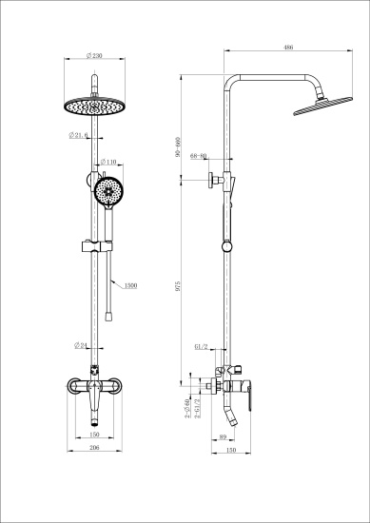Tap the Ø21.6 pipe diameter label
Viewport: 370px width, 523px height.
[80, 136]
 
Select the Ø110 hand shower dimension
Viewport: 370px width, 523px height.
[109, 162]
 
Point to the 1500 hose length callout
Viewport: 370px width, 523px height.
[129, 283]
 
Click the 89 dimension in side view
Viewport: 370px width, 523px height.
[222, 436]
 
